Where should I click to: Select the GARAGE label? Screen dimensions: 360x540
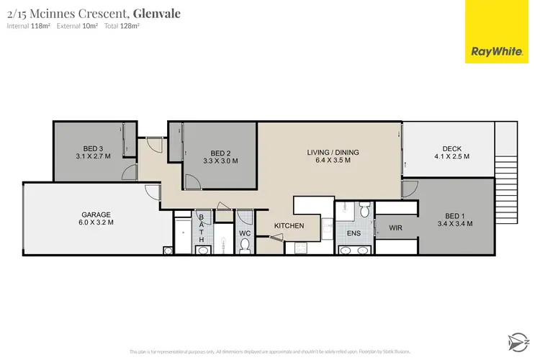pos(96,218)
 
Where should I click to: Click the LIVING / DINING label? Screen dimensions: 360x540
pos(333,156)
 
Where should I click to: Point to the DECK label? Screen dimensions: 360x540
pos(451,152)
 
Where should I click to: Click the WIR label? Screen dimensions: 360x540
pos(395,228)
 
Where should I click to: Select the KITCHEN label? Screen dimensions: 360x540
pos(289,226)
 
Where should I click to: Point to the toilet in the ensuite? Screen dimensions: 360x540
pos(364,210)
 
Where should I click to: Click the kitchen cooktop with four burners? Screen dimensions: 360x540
pos(297,249)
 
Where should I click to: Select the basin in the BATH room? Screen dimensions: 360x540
pos(202,250)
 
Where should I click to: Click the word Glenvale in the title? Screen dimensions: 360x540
pos(157,13)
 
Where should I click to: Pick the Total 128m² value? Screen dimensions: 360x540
pos(122,26)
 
